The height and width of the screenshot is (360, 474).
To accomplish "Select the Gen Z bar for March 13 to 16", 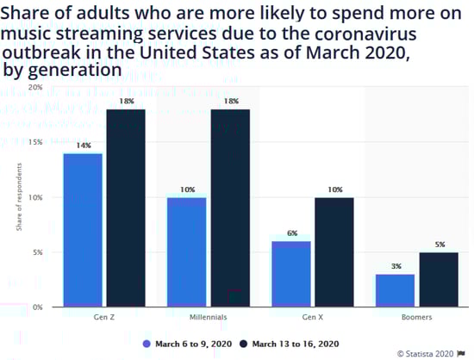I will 126,208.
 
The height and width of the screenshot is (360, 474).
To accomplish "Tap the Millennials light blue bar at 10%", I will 186,251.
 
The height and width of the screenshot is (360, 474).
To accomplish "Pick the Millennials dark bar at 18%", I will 230,208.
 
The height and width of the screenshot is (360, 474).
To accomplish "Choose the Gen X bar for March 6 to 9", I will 290,274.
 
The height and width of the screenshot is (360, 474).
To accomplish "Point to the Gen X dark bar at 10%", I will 334,251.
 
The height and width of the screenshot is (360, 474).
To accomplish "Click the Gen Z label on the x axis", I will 103,317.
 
